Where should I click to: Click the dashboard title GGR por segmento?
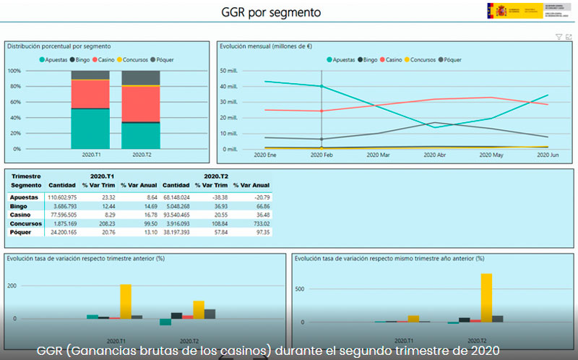pos(270,12)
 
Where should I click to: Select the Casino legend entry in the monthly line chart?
pos(394,59)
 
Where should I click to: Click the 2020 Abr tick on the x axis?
pos(434,155)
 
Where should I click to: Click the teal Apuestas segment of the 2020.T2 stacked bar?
pos(142,135)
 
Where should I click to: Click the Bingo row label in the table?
pos(18,206)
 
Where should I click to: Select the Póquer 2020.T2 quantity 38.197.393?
pos(176,232)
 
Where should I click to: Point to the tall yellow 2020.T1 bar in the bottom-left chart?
pos(126,301)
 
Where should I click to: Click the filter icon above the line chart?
pos(558,37)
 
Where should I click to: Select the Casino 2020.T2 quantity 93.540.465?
pos(176,215)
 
